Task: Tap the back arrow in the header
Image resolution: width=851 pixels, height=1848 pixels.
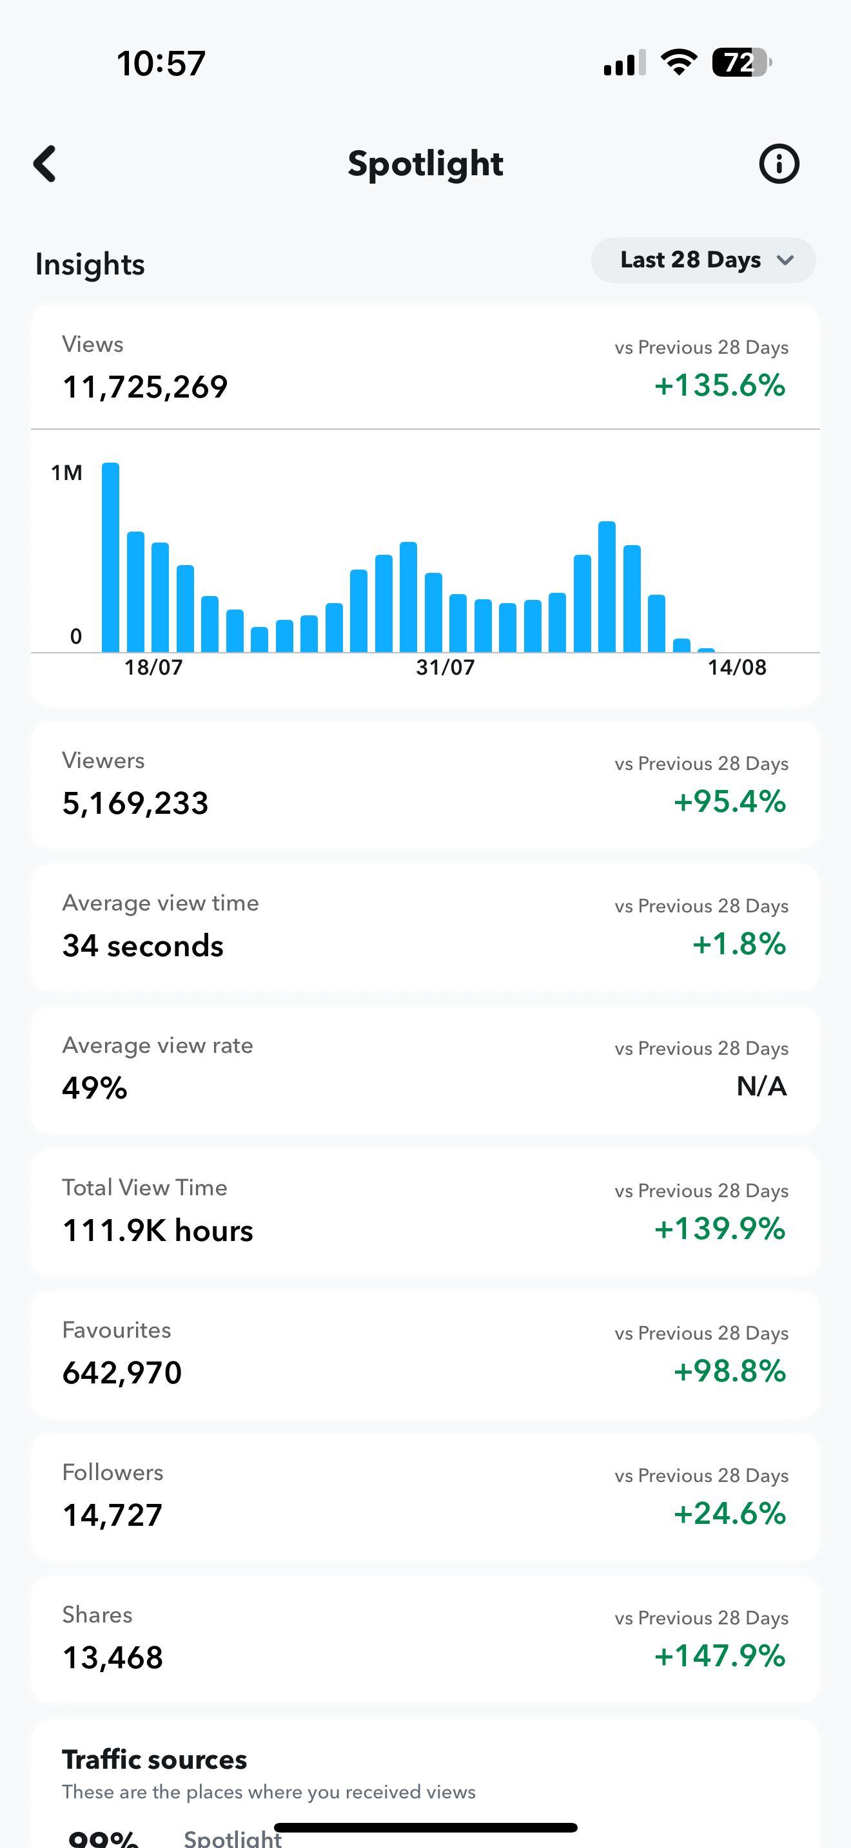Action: click(45, 164)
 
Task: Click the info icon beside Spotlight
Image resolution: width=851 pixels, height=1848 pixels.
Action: click(779, 164)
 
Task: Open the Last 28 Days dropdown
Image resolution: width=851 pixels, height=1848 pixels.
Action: click(703, 260)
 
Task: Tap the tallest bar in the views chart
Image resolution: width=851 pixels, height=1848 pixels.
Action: click(110, 557)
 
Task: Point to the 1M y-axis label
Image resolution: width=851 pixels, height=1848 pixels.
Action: click(67, 473)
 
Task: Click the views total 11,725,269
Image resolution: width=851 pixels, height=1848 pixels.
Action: click(145, 387)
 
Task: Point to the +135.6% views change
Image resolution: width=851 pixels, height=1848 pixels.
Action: click(719, 385)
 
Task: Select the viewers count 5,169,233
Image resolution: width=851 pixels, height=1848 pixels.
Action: click(135, 804)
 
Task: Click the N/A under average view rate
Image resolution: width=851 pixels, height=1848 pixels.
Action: click(761, 1087)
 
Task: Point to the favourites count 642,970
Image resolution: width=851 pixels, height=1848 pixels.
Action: click(122, 1373)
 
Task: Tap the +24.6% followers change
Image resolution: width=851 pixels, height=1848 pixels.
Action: click(730, 1514)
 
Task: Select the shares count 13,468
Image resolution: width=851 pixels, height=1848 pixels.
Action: click(113, 1658)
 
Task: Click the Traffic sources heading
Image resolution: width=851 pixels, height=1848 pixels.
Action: click(154, 1760)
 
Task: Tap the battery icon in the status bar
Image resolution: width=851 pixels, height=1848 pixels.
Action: click(741, 63)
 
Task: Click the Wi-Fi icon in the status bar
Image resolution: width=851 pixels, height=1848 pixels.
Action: click(679, 63)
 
